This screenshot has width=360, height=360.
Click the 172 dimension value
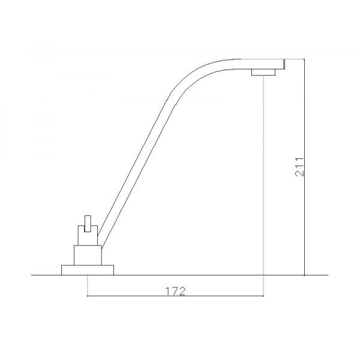click(x=175, y=291)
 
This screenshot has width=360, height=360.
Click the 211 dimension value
click(x=299, y=167)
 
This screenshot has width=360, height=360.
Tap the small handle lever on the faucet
click(x=88, y=224)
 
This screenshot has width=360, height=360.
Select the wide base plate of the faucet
click(x=88, y=270)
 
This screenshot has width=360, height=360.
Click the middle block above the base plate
click(x=88, y=256)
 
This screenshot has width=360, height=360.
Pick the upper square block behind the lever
click(x=88, y=236)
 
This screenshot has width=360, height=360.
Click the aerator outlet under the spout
click(x=263, y=72)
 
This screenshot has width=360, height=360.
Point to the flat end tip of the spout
click(x=284, y=64)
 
